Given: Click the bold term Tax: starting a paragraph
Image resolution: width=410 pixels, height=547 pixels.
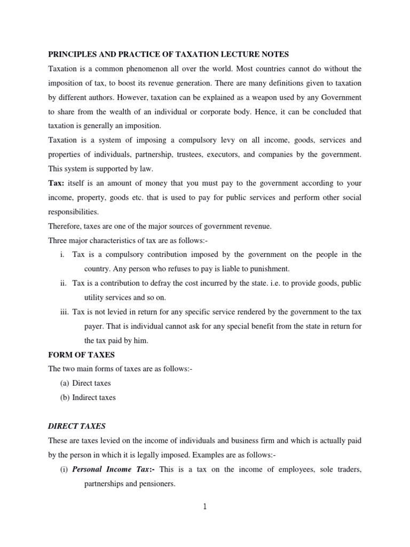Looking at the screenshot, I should (56, 183).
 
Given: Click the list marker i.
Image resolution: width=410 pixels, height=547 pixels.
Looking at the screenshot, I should (63, 254).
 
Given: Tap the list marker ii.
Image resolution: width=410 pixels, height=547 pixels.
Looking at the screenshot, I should (62, 283).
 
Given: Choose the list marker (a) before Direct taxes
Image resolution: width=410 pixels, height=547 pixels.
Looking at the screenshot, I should (64, 383).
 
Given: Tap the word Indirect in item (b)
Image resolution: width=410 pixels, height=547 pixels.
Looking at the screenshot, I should (85, 397).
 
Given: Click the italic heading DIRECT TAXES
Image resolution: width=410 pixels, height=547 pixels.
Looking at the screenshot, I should (77, 426).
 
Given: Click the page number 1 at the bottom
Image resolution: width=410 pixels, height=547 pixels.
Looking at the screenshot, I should (204, 507).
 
